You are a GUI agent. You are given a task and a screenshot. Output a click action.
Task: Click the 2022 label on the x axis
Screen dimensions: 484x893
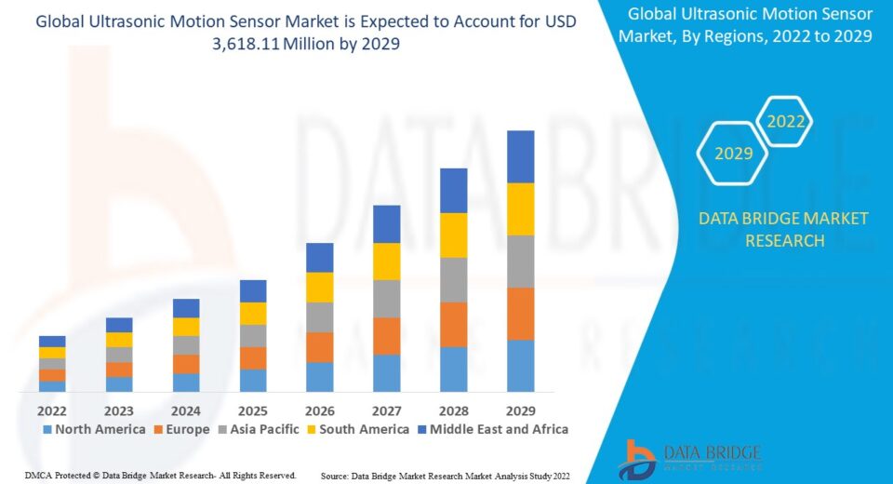coord(52,410)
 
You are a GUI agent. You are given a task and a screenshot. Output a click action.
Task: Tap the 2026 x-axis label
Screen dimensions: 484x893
coord(319,410)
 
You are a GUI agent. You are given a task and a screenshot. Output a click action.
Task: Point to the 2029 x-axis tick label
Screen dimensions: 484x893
coord(520,410)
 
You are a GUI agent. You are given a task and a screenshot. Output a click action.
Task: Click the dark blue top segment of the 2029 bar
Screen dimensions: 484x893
coord(520,156)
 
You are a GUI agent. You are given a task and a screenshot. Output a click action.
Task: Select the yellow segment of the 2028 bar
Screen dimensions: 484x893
coord(453,235)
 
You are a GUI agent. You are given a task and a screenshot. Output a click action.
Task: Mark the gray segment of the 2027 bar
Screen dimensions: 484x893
coord(386,299)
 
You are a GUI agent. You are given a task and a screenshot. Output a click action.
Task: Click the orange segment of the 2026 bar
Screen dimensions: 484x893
coord(319,347)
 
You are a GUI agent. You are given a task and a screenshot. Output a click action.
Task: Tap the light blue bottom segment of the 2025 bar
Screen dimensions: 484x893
coord(253,381)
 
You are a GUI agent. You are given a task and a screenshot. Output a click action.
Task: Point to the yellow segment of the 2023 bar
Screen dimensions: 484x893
coord(119,340)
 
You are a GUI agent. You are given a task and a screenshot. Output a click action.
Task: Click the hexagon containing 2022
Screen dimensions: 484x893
coord(785,121)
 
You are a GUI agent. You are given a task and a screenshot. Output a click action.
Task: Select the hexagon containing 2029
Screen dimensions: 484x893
coord(733,154)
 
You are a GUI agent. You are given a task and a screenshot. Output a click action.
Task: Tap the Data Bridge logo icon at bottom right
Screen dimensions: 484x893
coord(640,460)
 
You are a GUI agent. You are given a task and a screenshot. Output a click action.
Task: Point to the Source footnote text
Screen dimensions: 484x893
coord(445,476)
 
